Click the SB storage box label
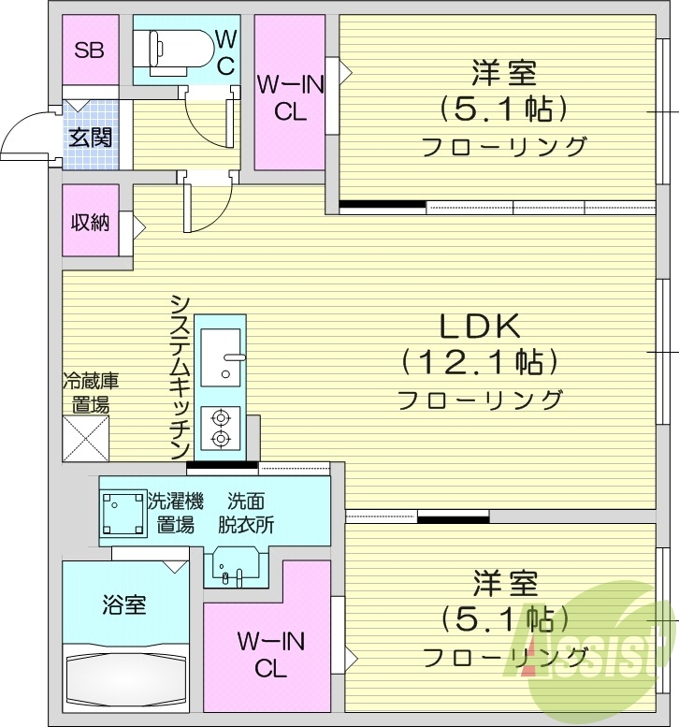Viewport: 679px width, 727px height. click(x=89, y=50)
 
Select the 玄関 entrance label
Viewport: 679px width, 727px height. click(x=90, y=138)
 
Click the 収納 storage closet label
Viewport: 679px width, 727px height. click(x=90, y=223)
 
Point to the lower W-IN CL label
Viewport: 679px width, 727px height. click(x=268, y=655)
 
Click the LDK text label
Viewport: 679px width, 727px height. click(x=479, y=327)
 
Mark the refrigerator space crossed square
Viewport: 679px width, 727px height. click(x=86, y=438)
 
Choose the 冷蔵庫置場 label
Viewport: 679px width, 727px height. click(x=90, y=393)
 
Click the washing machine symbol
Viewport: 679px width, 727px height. click(x=123, y=514)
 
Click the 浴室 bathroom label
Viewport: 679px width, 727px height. click(x=123, y=605)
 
